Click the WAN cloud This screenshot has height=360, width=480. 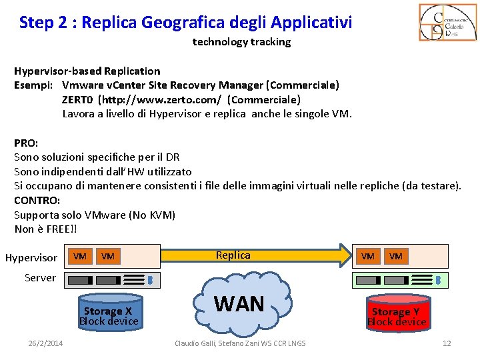pos(239,305)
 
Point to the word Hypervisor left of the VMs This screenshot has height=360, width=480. pos(31,257)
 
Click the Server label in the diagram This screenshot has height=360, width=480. pos(40,277)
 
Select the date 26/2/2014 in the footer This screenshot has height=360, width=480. pos(45,343)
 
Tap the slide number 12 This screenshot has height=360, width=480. pos(447,343)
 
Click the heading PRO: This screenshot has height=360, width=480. pos(26,142)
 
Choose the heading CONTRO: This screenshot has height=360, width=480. pos(37,200)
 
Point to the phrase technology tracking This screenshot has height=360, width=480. pos(241,42)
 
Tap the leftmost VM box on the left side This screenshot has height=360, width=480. pos(80,256)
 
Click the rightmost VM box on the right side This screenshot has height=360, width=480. pos(396,256)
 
